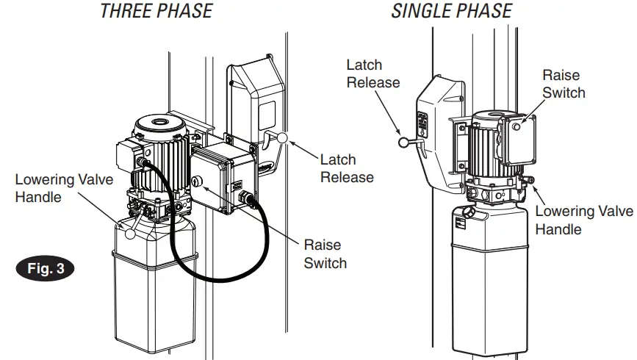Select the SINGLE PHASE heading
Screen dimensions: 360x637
452,11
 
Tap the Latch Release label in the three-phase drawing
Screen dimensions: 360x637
347,168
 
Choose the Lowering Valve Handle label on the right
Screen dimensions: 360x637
584,220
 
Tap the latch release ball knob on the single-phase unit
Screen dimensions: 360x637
402,144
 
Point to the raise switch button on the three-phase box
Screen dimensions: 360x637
196,181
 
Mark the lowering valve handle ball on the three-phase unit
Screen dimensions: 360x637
130,235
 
